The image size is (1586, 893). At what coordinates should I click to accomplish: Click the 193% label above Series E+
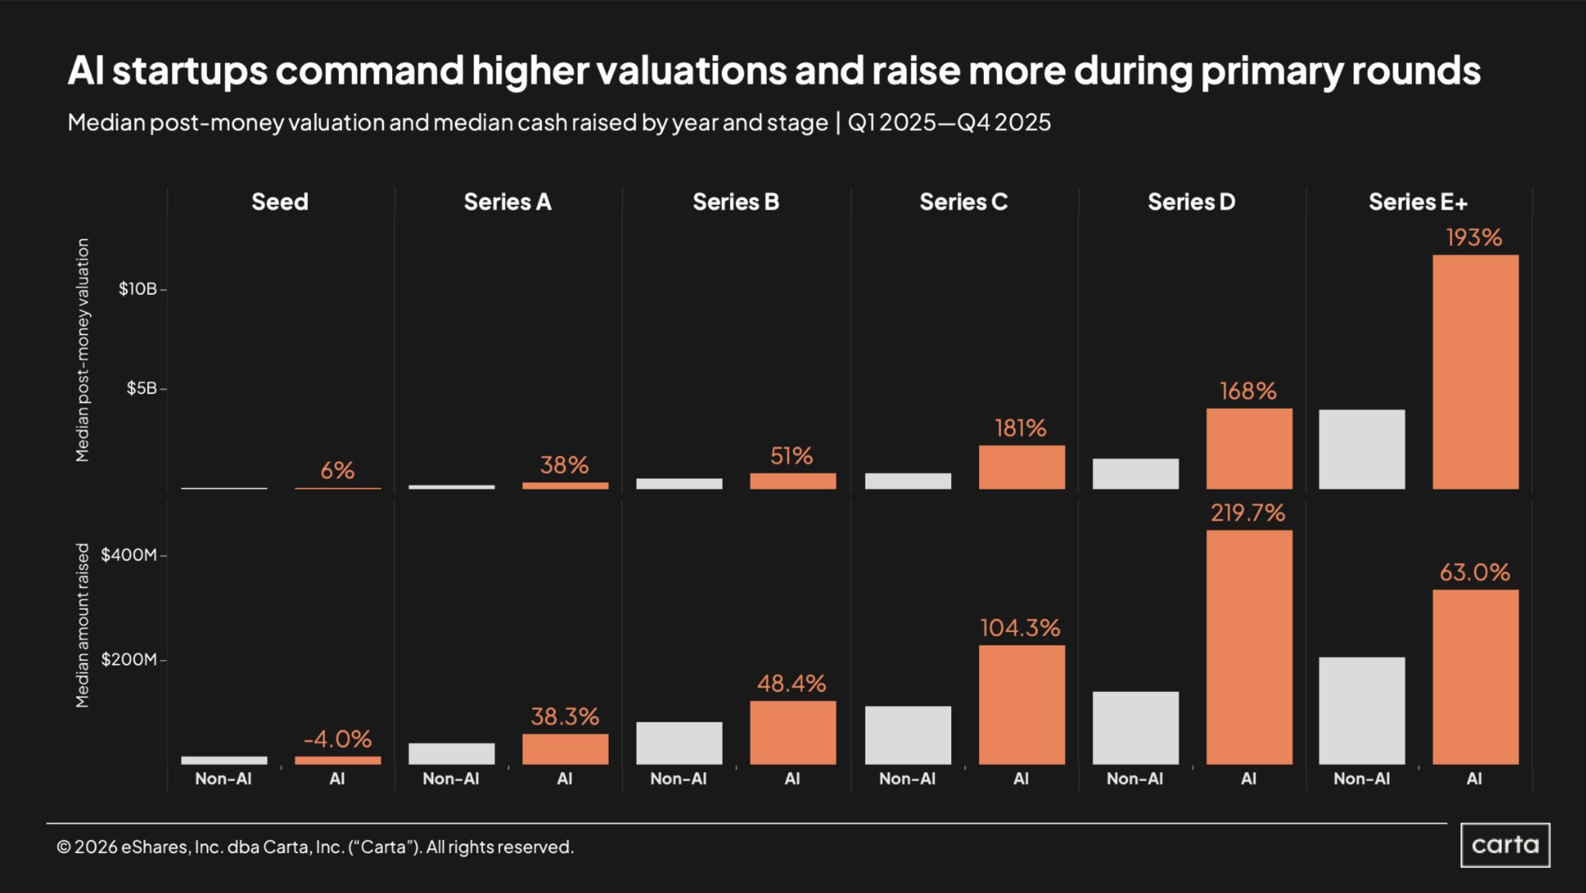coord(1474,238)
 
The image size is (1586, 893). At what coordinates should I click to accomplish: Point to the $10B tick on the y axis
coord(138,289)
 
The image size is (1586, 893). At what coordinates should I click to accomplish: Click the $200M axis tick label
coord(129,660)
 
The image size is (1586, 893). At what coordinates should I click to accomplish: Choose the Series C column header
coord(964,202)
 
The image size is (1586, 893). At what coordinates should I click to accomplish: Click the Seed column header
coord(279,202)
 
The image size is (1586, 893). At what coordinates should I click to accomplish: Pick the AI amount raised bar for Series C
coord(1021,704)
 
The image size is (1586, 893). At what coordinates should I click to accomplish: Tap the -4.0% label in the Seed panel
coord(337,739)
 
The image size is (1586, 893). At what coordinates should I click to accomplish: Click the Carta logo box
coord(1505,845)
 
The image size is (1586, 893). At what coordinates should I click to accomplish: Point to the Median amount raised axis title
coord(82,625)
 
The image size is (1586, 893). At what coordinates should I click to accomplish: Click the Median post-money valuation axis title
coord(82,350)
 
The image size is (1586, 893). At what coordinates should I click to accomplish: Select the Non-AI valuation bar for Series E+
coord(1361,449)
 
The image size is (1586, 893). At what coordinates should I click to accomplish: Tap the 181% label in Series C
coord(1020,428)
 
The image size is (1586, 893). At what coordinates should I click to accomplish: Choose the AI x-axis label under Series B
coord(792,779)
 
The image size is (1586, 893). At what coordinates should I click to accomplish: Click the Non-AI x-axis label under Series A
coord(451,779)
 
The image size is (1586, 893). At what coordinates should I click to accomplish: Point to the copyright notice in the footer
coord(315,848)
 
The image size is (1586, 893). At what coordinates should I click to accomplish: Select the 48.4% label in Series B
coord(791,683)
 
